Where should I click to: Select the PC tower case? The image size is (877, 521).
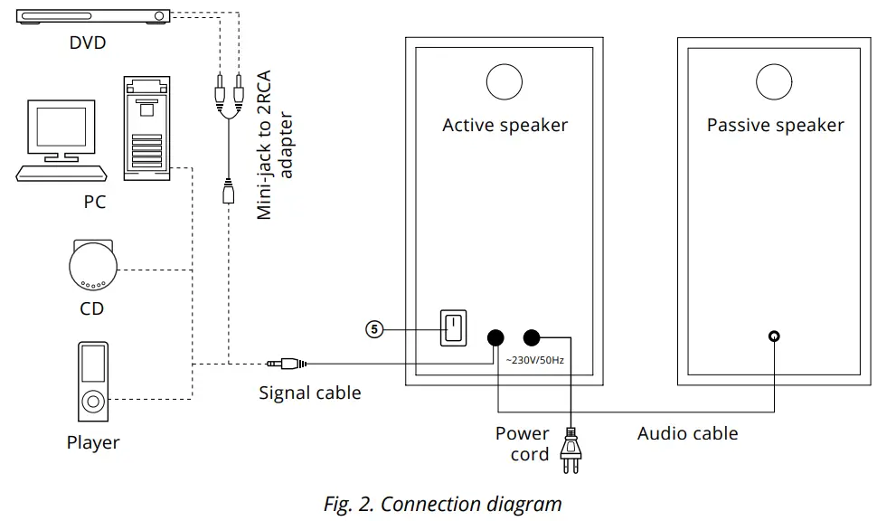point(146,128)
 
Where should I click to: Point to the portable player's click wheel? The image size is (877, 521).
point(92,401)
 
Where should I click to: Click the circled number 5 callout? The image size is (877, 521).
point(375,329)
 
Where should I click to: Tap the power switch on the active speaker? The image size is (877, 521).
point(452,328)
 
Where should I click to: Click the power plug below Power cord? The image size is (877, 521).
point(571,449)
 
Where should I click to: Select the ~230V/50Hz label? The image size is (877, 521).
point(534,360)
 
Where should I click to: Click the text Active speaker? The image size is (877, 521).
point(505,126)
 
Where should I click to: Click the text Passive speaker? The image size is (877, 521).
point(775,126)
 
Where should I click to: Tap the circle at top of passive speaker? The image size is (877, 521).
point(775,81)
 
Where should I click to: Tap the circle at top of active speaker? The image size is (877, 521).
point(505,81)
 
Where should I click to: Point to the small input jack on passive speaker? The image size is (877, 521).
point(773,336)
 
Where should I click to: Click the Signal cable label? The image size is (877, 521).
point(309,393)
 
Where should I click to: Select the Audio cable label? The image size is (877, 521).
point(687,433)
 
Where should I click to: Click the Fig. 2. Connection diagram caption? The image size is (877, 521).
point(442,504)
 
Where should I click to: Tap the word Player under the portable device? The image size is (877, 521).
point(92,443)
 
